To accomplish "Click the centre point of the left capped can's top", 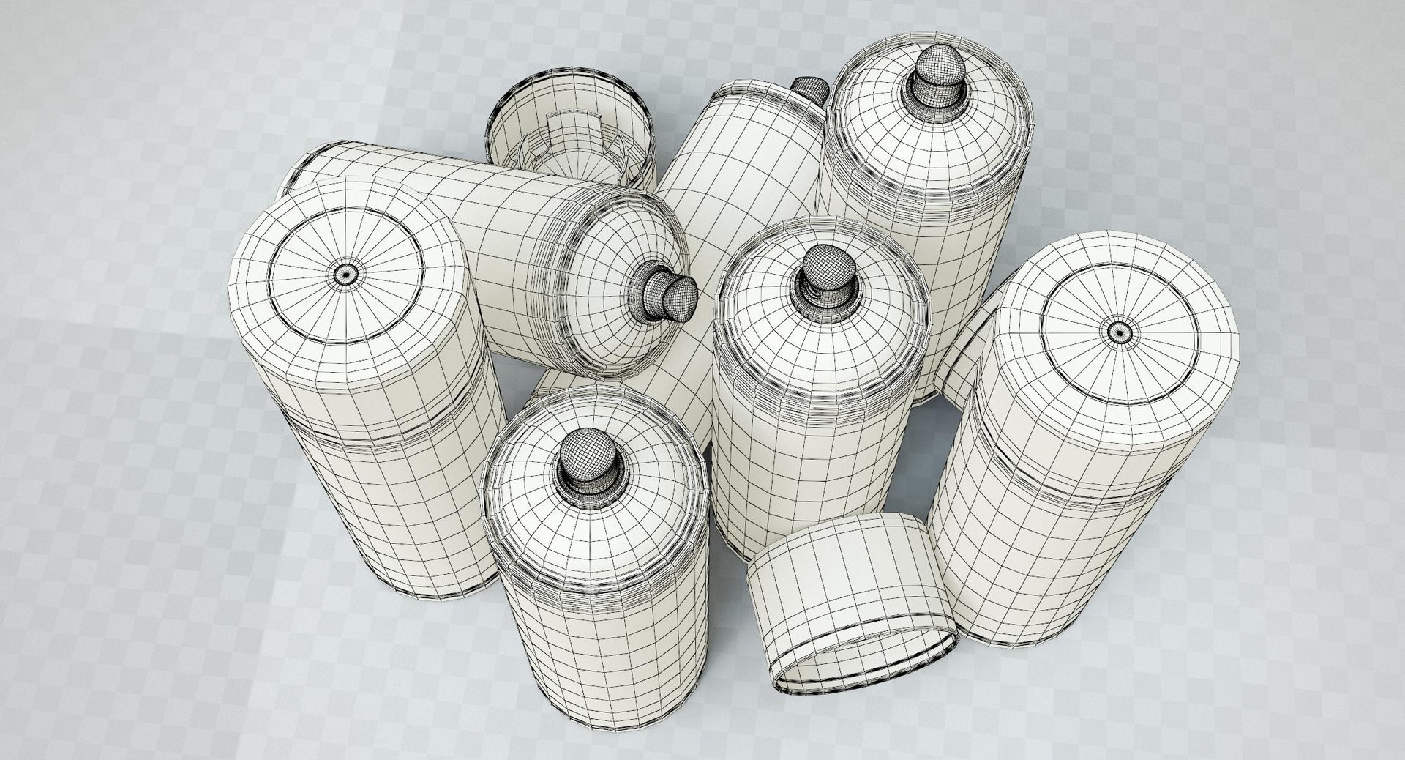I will pyautogui.click(x=345, y=273).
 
